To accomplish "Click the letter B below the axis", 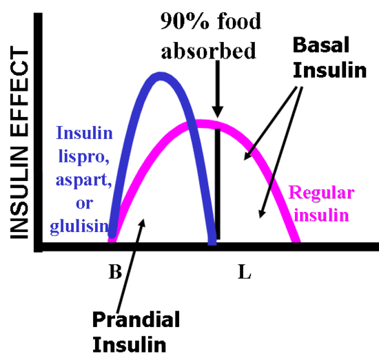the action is click(115, 272).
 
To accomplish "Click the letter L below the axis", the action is click(245, 272).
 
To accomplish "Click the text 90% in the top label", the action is click(185, 21).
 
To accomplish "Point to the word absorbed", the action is click(208, 50).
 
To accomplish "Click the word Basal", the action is click(321, 45).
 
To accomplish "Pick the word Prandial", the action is click(136, 319).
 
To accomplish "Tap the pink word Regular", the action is click(322, 194).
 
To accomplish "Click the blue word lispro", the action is click(83, 158).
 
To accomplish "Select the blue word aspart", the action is click(84, 180).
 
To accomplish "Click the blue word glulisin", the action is click(80, 226).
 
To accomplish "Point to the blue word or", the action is click(84, 204).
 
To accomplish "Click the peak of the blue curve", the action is click(160, 76).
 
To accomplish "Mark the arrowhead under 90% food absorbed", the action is click(218, 112).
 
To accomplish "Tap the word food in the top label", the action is click(239, 21).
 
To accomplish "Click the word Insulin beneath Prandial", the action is click(130, 344).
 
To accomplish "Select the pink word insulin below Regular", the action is click(322, 214).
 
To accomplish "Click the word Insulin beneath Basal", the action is click(329, 70).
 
